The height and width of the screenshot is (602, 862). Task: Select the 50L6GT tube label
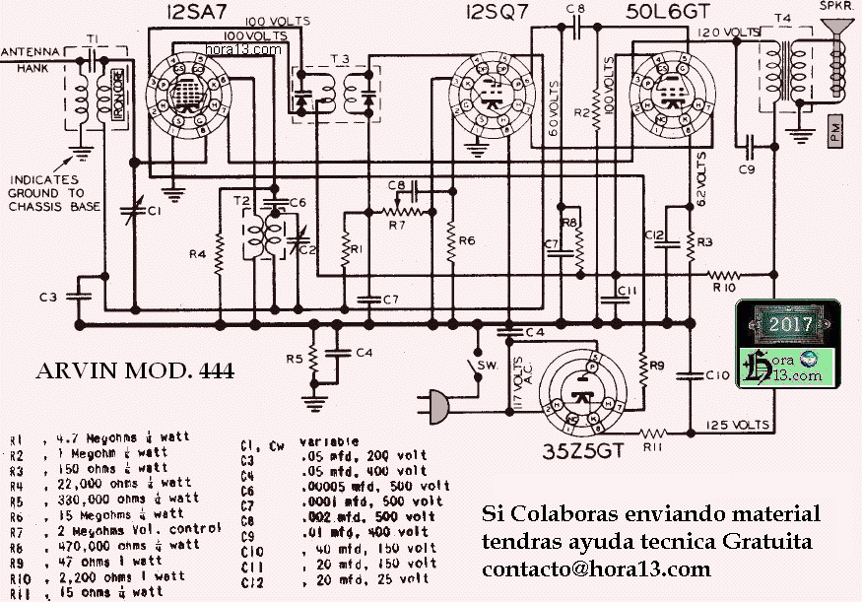click(x=668, y=13)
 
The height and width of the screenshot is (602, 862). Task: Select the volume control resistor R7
click(x=399, y=211)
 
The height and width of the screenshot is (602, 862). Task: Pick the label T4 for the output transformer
click(x=784, y=19)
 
